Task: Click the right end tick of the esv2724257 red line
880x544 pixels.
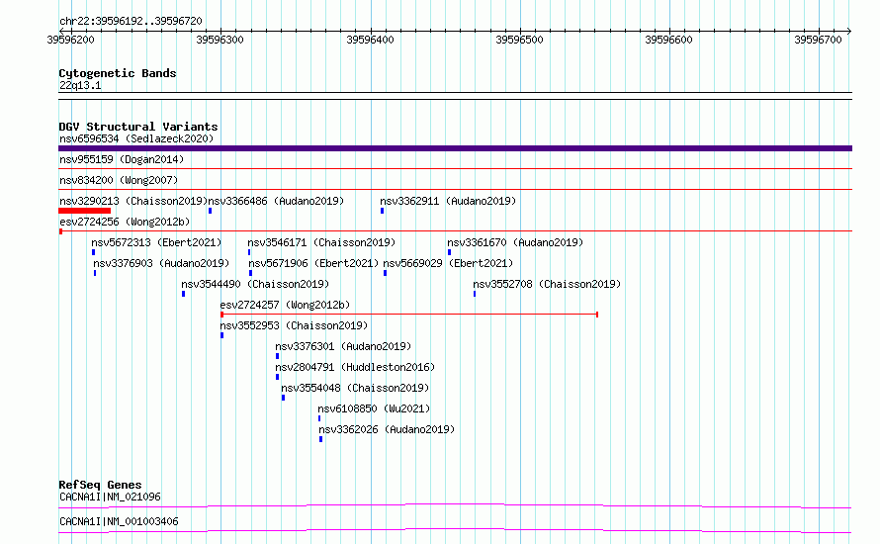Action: point(597,315)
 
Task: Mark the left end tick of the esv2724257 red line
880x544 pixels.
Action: point(222,315)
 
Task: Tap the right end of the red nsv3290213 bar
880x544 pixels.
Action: point(111,211)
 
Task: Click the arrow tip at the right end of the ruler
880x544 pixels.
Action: point(850,31)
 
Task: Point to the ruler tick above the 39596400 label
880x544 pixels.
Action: point(371,31)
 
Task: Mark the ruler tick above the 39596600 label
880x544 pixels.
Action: point(669,31)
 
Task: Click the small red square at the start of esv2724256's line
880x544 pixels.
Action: point(60,231)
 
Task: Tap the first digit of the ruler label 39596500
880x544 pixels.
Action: point(498,40)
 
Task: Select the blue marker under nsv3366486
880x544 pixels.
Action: point(210,211)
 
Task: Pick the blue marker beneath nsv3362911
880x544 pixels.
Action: point(383,211)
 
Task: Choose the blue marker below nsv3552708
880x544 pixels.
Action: point(475,294)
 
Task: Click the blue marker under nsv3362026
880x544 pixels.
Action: point(321,439)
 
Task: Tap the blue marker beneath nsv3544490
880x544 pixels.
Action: point(184,294)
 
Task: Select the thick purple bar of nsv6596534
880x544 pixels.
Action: point(455,148)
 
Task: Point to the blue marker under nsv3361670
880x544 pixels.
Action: point(450,252)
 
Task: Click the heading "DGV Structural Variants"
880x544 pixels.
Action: point(138,127)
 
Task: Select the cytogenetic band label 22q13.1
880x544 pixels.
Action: point(80,85)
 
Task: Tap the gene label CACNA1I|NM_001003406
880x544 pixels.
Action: point(119,521)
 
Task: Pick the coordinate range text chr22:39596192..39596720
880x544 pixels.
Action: point(131,21)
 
